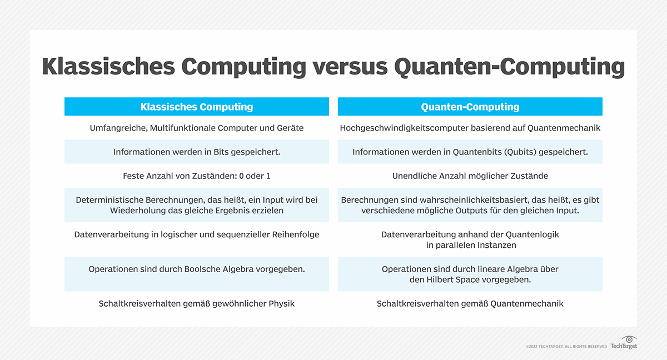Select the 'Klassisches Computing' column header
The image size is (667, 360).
coord(197,107)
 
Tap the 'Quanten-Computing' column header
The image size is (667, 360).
coord(470,107)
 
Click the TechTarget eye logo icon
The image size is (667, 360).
coord(629,339)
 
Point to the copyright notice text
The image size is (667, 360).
coord(566,347)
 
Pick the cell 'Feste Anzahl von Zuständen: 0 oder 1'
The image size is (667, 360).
coord(197,176)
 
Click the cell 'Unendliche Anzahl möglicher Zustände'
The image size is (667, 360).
coord(470,176)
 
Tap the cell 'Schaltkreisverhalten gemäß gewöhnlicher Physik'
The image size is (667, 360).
coord(197,303)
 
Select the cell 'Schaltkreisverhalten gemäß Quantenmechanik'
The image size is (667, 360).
coord(470,303)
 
